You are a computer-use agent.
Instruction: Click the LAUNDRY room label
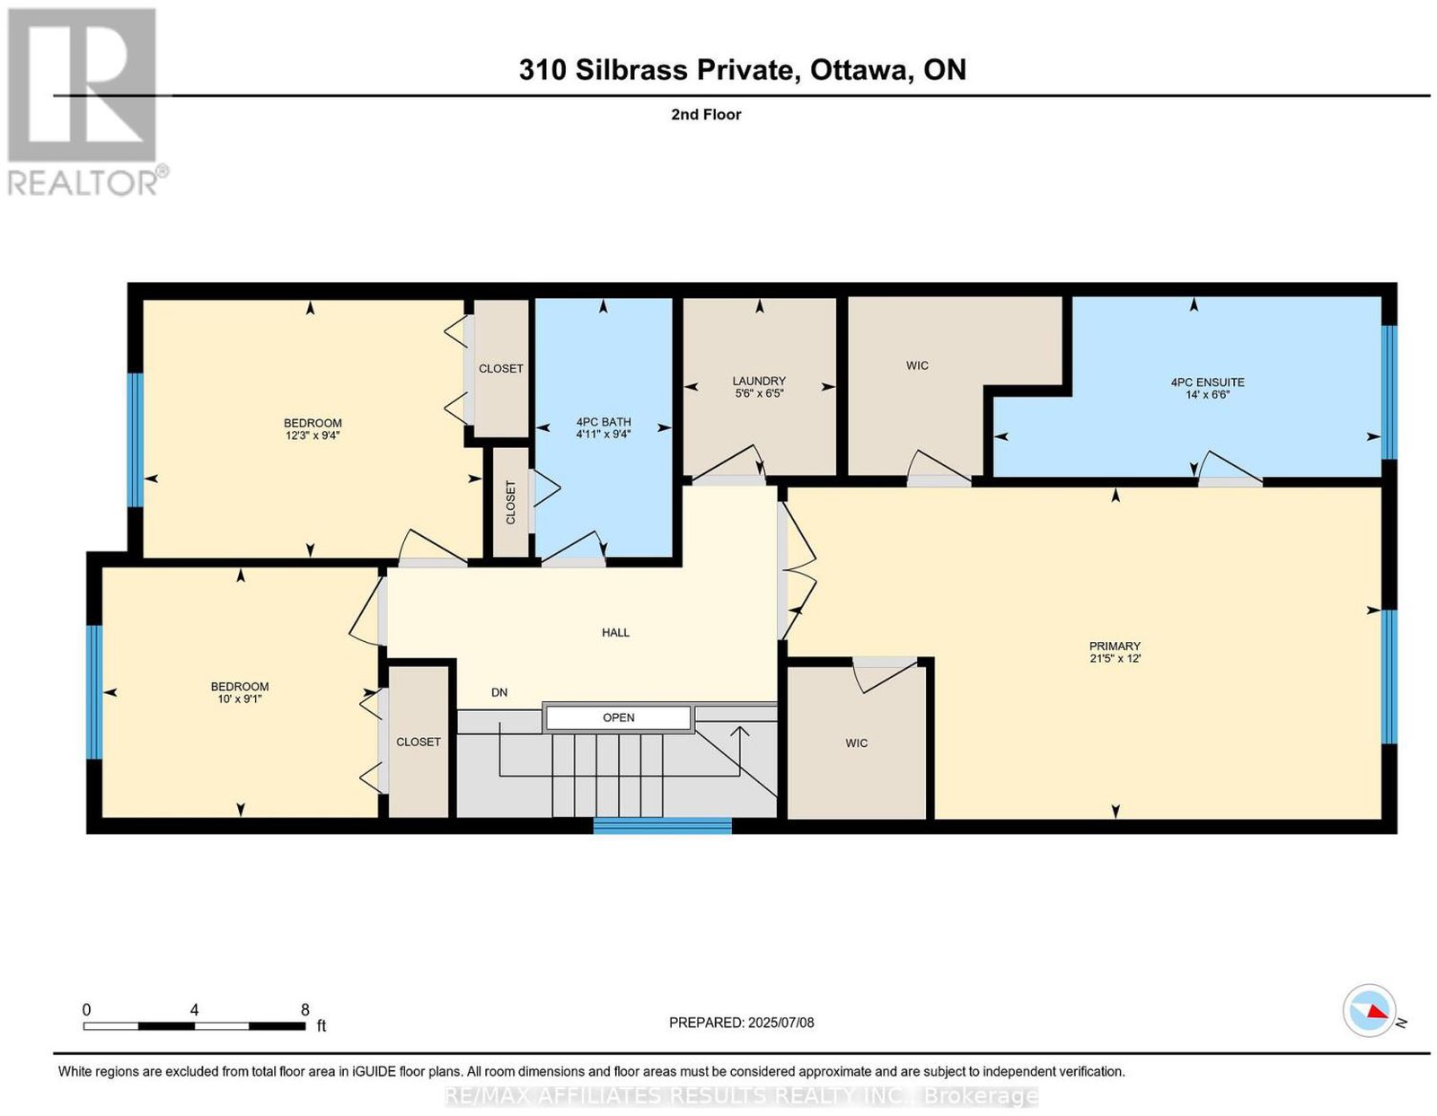[759, 382]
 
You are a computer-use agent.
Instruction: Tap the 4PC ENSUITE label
[1207, 382]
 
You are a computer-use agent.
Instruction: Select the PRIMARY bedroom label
[1115, 646]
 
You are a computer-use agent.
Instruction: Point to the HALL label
[615, 632]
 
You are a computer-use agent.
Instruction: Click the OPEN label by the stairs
[618, 717]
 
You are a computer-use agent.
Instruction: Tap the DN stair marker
[499, 692]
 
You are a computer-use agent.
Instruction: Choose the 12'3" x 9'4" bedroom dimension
[313, 435]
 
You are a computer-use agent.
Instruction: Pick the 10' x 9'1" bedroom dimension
[240, 699]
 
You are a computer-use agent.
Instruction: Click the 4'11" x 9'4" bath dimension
[604, 435]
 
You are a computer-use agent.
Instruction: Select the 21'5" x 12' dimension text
[1115, 658]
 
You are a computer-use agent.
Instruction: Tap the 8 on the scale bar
[304, 1010]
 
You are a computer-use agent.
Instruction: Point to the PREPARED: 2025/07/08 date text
[741, 1023]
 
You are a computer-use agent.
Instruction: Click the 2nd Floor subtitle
[706, 114]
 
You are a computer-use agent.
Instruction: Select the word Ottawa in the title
[859, 70]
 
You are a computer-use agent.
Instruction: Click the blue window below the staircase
[662, 825]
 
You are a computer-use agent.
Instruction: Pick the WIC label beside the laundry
[917, 365]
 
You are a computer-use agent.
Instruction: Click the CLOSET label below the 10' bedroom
[418, 742]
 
